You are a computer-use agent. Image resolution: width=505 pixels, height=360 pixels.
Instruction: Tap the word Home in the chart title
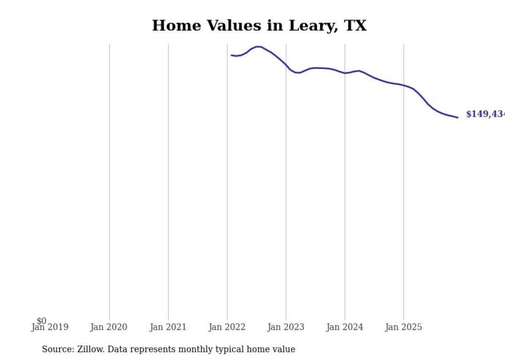click(x=177, y=26)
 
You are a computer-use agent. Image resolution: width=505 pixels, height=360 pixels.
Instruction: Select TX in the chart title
click(x=355, y=26)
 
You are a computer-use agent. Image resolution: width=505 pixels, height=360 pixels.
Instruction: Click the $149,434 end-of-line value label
click(x=485, y=114)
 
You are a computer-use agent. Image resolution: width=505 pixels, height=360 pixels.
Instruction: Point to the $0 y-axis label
click(x=42, y=321)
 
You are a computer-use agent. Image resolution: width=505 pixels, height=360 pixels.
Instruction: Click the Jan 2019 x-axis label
click(x=49, y=327)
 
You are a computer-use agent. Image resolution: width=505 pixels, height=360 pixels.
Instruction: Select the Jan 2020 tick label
click(x=109, y=327)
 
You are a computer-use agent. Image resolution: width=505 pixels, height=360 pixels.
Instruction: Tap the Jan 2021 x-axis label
click(x=168, y=327)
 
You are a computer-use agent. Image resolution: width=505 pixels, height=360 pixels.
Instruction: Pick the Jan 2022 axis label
click(x=227, y=327)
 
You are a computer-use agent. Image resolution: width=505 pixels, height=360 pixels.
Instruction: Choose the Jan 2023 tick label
click(x=286, y=327)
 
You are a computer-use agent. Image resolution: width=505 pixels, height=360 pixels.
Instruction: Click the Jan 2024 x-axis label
click(x=345, y=327)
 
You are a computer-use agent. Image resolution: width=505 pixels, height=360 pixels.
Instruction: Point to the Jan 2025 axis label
click(x=403, y=327)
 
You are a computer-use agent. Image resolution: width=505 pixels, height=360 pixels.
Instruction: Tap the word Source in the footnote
click(x=57, y=349)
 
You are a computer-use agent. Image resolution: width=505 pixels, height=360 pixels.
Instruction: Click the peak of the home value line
click(x=258, y=47)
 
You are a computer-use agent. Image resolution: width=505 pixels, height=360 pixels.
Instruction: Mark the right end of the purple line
click(x=457, y=117)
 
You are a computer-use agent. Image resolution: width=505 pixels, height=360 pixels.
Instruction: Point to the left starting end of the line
click(x=232, y=55)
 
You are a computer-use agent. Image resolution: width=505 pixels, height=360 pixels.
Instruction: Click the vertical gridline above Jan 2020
click(x=109, y=180)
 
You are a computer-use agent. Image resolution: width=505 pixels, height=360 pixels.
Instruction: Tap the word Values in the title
click(x=233, y=26)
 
